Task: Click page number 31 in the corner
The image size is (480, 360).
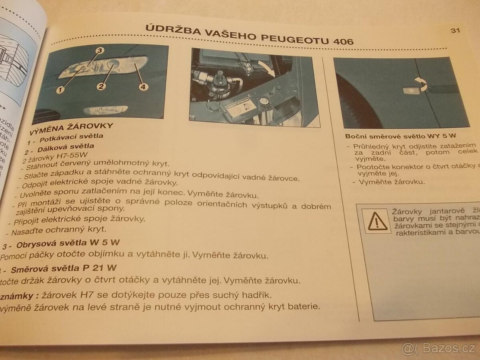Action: point(455,30)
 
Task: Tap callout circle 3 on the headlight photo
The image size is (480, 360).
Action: point(100,50)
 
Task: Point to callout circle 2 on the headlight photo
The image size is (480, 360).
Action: point(101,86)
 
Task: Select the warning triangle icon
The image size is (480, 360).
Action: point(376,221)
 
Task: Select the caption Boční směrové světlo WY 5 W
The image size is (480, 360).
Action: point(401,136)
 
